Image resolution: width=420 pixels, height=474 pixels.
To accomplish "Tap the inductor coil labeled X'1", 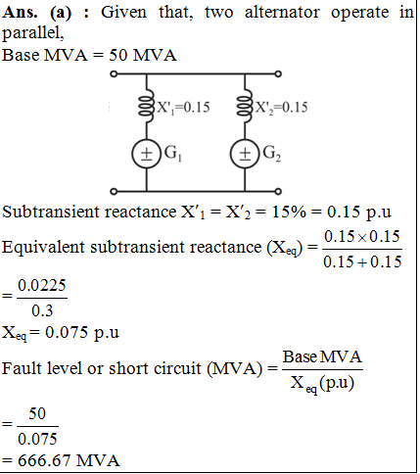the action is tap(146, 106).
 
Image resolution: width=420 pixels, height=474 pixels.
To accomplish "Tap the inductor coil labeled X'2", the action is tap(245, 106).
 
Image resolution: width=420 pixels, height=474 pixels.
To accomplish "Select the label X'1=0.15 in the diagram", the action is tap(183, 108).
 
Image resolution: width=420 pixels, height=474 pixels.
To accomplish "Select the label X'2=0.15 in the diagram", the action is tap(281, 108).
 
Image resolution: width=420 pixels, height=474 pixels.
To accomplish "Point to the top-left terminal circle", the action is tap(114, 73).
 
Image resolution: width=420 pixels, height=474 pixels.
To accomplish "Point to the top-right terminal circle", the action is tap(278, 73).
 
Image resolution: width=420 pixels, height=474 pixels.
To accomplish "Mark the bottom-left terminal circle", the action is tap(114, 191).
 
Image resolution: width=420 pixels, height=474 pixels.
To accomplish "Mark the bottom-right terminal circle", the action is tap(278, 191).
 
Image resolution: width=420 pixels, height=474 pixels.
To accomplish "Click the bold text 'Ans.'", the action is tap(20, 13).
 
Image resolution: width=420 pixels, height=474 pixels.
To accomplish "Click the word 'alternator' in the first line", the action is tap(282, 13).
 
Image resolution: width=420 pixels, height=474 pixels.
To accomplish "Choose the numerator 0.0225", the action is tap(42, 286).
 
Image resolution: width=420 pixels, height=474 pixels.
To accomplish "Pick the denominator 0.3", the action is tap(42, 310).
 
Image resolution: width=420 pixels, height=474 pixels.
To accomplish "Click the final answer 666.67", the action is tap(44, 460).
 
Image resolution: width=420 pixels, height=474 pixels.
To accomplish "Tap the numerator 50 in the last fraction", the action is tap(37, 414).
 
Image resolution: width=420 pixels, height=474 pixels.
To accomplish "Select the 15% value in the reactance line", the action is tap(289, 213).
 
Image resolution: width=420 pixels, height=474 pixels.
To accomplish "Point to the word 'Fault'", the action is tap(22, 368).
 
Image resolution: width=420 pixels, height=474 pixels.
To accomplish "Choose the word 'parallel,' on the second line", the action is tap(33, 33).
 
